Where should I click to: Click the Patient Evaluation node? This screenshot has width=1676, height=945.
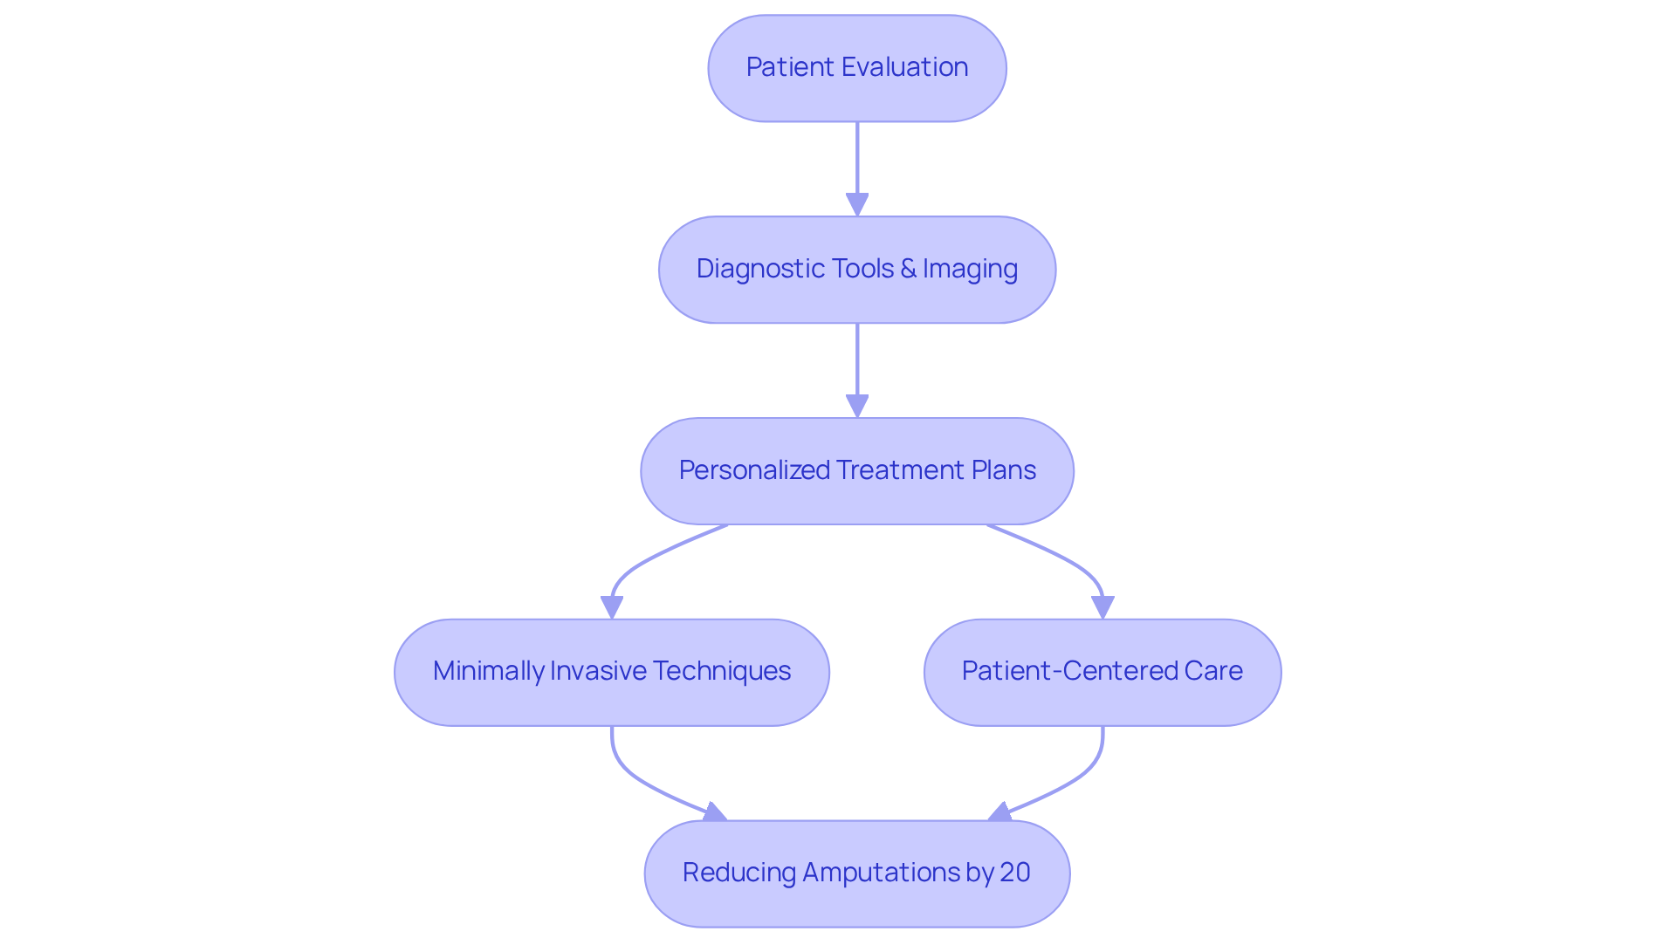[856, 68]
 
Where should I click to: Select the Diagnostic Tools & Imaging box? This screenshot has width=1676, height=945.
[856, 270]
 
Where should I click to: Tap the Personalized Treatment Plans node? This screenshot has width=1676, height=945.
[856, 471]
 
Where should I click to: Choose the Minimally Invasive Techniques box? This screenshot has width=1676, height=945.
[611, 672]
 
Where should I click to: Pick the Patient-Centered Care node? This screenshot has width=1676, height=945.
[1102, 672]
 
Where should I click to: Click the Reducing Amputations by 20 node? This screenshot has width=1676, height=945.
[856, 873]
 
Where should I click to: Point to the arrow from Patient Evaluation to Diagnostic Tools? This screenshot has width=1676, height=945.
[857, 166]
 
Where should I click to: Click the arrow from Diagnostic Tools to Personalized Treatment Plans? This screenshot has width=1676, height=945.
[857, 366]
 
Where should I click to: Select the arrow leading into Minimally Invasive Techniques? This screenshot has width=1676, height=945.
[637, 567]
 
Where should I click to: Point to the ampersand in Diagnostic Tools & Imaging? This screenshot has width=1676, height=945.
[908, 269]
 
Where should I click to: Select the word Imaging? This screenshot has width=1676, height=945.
[971, 269]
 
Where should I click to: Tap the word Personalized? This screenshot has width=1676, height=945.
[754, 470]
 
